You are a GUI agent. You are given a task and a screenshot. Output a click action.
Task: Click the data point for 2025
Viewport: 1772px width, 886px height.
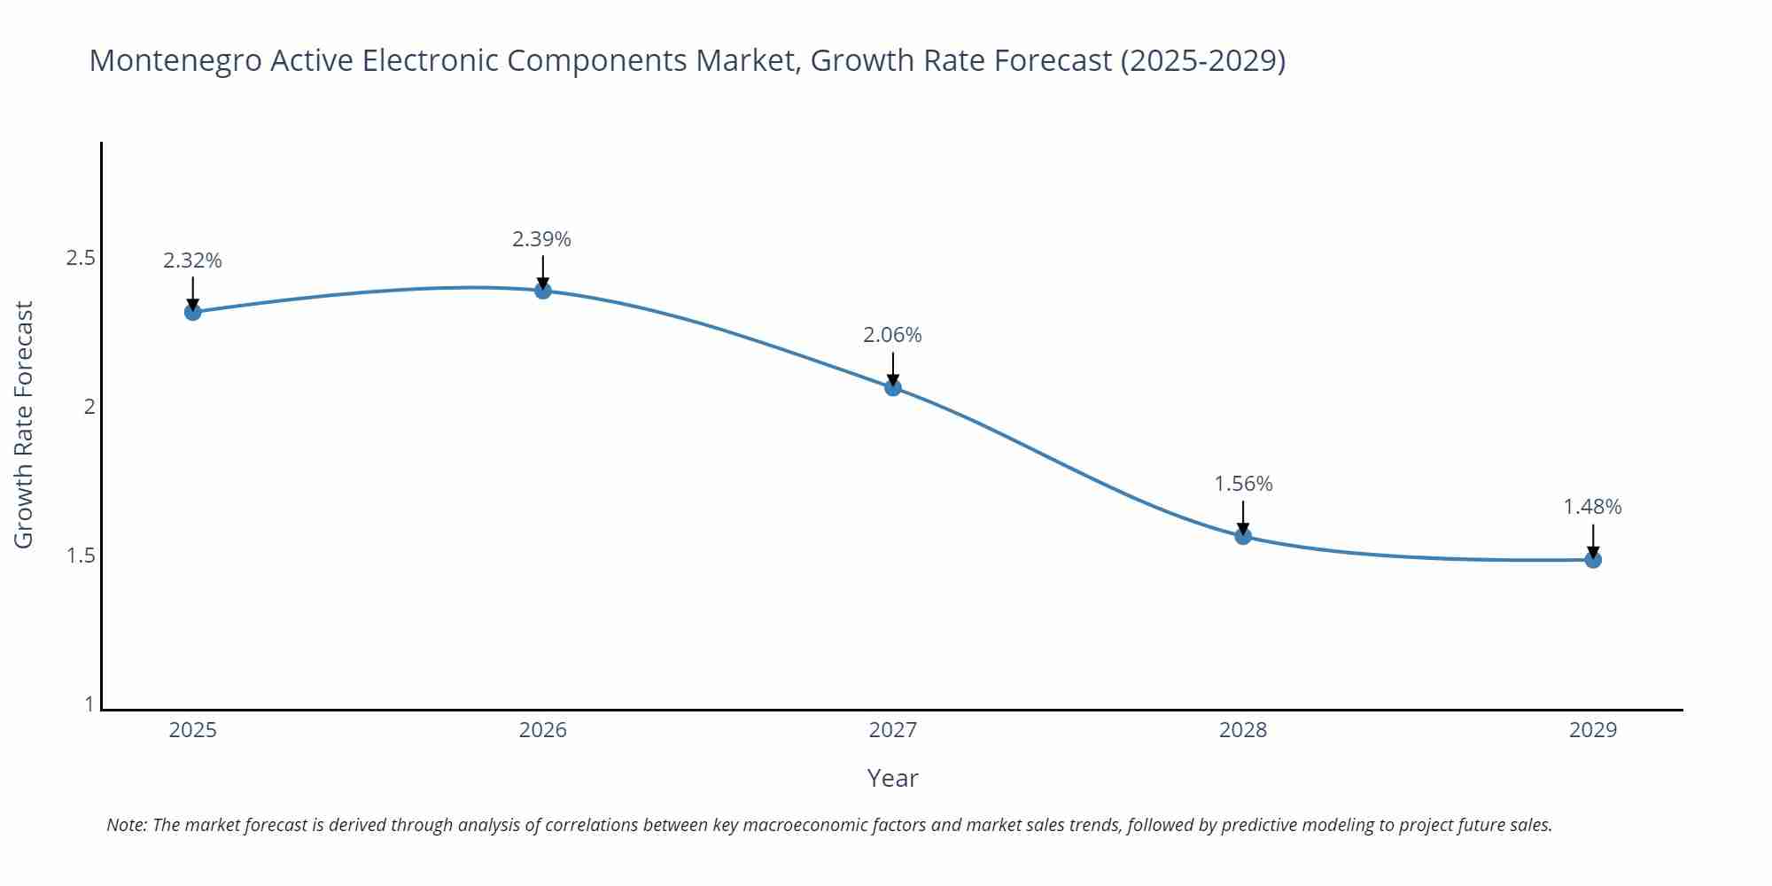coord(192,312)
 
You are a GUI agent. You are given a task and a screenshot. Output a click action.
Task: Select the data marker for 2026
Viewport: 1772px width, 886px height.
coord(543,291)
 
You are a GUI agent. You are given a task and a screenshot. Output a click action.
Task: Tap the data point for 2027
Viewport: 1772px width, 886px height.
coord(892,387)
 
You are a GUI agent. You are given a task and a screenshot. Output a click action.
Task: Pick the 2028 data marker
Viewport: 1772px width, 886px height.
coord(1243,536)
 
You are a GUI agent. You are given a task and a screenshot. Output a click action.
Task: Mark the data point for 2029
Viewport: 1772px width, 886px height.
coord(1593,560)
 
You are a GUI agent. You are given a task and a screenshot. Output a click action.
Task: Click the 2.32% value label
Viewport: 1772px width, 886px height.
coord(192,260)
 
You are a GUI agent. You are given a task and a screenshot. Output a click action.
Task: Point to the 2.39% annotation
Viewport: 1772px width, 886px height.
coord(542,239)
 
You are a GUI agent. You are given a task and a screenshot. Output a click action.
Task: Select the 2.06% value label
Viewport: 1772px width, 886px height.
coord(892,335)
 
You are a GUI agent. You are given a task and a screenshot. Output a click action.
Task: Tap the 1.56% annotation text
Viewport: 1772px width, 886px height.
coord(1243,484)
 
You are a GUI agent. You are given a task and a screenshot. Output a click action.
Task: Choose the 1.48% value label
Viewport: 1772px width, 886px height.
coord(1592,507)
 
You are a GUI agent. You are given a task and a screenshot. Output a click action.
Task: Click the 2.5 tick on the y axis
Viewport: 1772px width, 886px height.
coord(81,258)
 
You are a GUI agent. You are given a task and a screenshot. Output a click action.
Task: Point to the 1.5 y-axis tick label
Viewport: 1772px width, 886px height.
coord(81,556)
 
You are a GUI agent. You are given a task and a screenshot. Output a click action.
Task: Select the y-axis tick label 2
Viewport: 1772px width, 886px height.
coord(89,407)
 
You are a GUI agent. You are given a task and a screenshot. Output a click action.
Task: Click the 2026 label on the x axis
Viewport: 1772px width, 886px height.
coord(543,730)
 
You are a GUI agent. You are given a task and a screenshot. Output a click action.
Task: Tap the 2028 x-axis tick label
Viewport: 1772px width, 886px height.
coord(1243,730)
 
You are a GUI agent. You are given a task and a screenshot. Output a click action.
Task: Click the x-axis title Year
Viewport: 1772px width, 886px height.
coord(892,778)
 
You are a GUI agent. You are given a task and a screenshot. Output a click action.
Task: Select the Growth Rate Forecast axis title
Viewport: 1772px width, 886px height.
coord(24,424)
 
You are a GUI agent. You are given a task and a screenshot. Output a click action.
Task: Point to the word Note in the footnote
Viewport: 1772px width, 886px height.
coord(126,825)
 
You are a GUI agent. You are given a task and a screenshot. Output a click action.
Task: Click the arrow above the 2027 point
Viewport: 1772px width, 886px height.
coord(892,368)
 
